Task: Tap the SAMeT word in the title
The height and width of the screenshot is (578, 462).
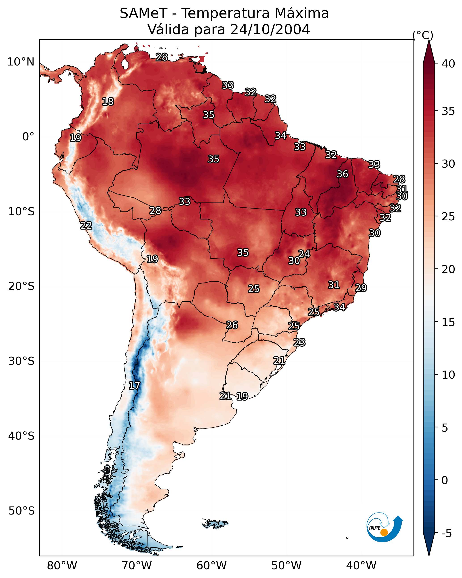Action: pyautogui.click(x=143, y=13)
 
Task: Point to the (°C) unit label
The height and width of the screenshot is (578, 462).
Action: pyautogui.click(x=423, y=35)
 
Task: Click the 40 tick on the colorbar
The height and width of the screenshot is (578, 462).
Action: pyautogui.click(x=448, y=64)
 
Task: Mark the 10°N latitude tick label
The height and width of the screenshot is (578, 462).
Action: pyautogui.click(x=21, y=62)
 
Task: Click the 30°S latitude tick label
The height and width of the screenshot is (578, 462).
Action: pyautogui.click(x=21, y=361)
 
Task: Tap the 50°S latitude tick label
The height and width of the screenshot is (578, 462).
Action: pyautogui.click(x=21, y=511)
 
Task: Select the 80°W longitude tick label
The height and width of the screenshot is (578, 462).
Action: pyautogui.click(x=62, y=565)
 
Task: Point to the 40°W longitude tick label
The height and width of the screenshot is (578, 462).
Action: pyautogui.click(x=361, y=565)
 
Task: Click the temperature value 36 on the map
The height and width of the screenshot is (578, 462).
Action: pyautogui.click(x=342, y=174)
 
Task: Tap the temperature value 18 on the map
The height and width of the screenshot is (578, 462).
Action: pyautogui.click(x=108, y=102)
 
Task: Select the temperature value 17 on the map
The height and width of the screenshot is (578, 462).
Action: pyautogui.click(x=134, y=386)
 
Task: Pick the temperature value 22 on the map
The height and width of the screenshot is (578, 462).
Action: pyautogui.click(x=86, y=226)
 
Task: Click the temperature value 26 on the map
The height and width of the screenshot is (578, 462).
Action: pyautogui.click(x=232, y=325)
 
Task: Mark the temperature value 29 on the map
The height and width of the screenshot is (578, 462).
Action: pyautogui.click(x=361, y=288)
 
